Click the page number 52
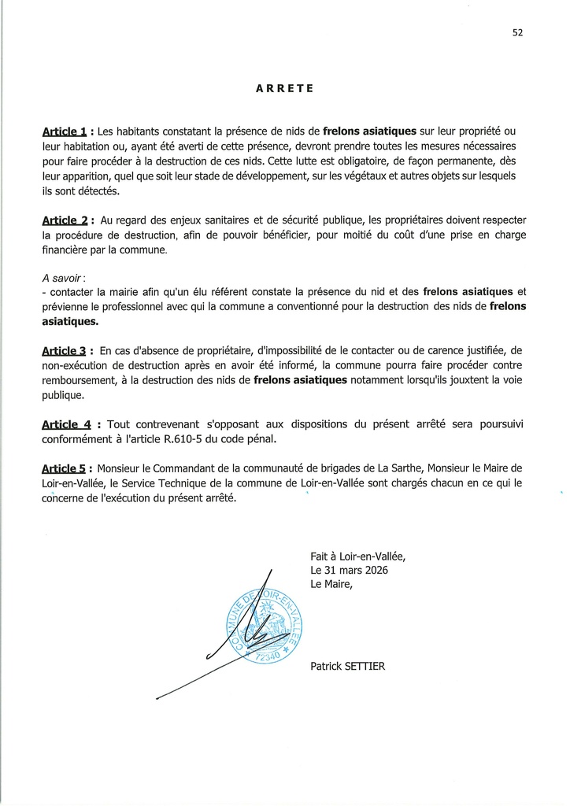click(517, 33)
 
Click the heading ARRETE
click(284, 89)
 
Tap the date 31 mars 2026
click(358, 570)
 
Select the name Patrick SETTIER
click(347, 667)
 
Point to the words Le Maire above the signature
click(331, 585)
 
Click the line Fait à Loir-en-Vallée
click(358, 556)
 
